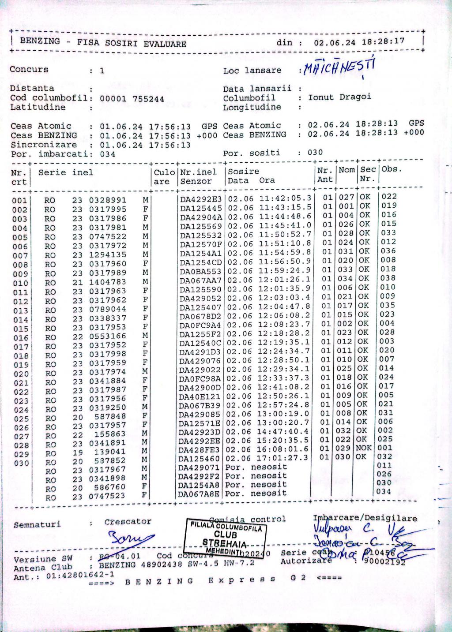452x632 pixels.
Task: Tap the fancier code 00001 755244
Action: coord(132,99)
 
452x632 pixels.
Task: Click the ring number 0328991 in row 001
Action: coord(108,200)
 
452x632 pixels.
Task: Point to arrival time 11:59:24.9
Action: coord(285,270)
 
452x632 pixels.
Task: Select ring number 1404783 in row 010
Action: coord(108,282)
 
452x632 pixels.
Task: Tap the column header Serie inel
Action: coord(65,172)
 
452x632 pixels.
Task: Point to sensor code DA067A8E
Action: coord(199,494)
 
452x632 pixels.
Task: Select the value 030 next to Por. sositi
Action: coord(315,153)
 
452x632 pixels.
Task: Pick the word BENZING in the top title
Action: coord(40,41)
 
